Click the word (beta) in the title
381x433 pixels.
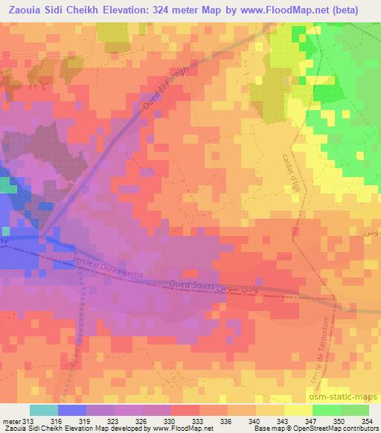357,10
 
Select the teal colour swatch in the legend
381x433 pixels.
43,411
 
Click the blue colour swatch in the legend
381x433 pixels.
71,411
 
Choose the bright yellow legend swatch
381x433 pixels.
298,411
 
